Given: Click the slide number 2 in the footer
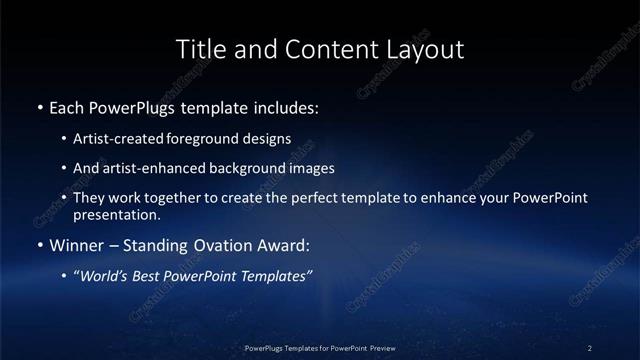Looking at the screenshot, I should coord(590,348).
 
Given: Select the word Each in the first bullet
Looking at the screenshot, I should coord(65,106).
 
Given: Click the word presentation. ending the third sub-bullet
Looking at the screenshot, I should coord(116,214).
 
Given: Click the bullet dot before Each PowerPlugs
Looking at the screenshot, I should coord(39,106).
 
